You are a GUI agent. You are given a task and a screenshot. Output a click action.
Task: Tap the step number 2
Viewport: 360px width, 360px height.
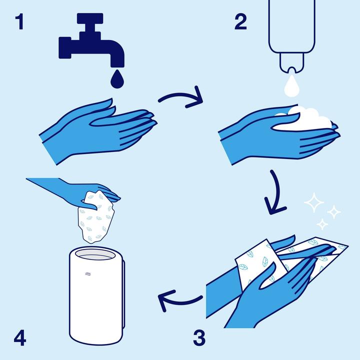240,22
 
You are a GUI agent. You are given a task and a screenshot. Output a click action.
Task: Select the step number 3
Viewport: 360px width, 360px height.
199,338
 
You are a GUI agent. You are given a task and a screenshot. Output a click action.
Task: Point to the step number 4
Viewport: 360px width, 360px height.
19,338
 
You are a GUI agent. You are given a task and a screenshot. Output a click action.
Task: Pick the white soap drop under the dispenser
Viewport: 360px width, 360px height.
290,86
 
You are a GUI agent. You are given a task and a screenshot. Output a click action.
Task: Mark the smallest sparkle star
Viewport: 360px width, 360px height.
322,223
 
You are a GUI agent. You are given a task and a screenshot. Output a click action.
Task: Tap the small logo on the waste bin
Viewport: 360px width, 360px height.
88,273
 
